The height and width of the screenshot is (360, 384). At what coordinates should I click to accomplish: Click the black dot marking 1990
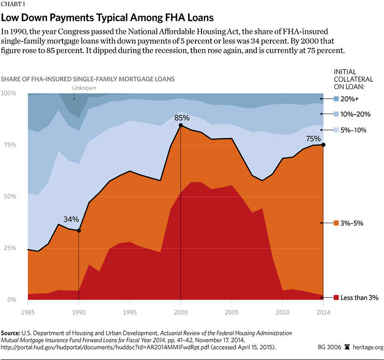[79, 231]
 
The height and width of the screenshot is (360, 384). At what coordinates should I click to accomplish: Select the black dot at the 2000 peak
[181, 125]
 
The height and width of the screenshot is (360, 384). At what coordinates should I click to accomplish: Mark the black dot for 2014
[323, 145]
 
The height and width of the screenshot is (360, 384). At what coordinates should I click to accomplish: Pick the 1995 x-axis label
[129, 307]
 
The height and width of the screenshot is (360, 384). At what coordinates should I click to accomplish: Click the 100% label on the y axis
[8, 93]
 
